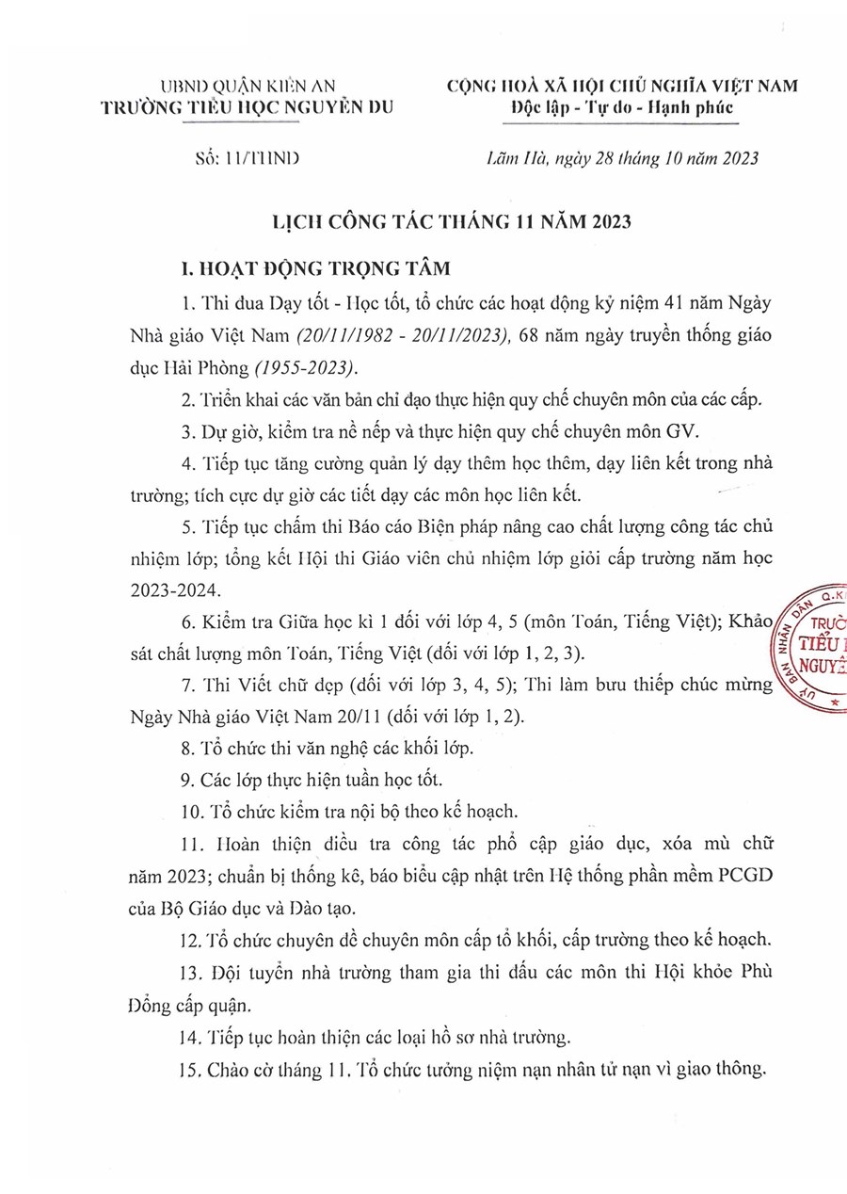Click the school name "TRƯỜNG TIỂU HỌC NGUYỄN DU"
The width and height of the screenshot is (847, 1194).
(248, 108)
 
